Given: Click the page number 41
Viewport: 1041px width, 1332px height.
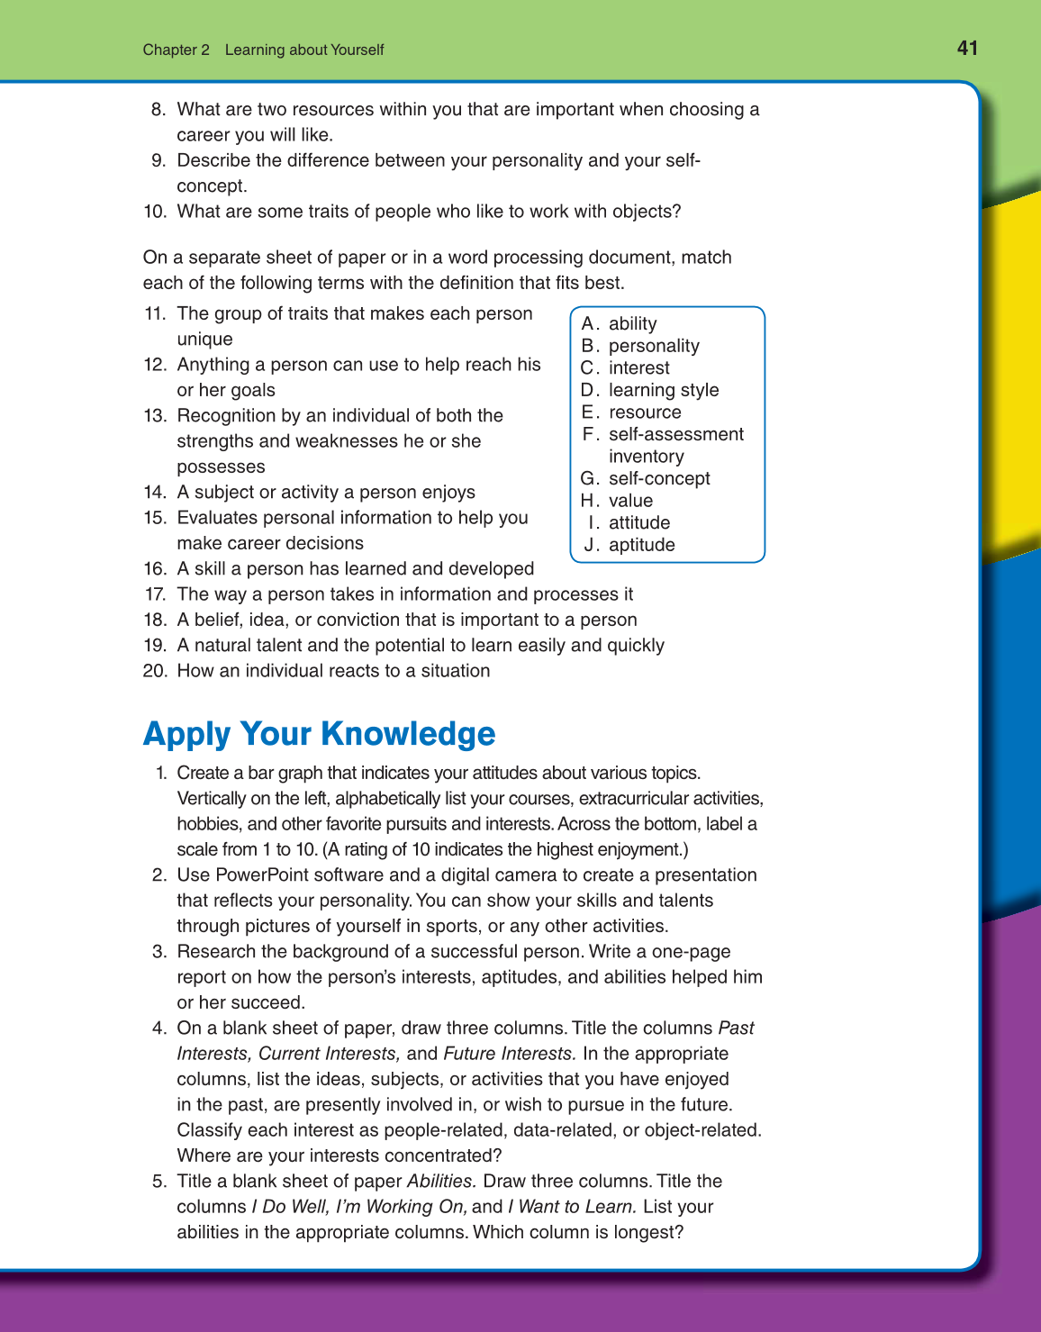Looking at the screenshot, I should (x=967, y=49).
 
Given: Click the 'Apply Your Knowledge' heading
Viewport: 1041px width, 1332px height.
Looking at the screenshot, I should (x=319, y=734).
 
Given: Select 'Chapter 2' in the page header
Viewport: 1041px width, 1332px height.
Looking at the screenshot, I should (x=176, y=50).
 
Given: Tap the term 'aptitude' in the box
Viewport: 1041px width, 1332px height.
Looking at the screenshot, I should (x=641, y=545).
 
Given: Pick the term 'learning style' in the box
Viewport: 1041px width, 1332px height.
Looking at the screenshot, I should (x=664, y=390).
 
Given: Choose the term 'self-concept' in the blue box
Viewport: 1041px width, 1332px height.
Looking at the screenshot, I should (x=659, y=478).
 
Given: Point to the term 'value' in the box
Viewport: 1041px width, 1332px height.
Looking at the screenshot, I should (x=630, y=501).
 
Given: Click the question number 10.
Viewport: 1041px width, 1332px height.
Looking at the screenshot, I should (x=155, y=212).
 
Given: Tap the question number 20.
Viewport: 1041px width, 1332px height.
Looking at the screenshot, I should (x=155, y=671).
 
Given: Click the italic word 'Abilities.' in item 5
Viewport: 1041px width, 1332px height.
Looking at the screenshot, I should (x=441, y=1182).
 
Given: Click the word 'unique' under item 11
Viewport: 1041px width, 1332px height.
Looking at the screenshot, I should (x=204, y=340).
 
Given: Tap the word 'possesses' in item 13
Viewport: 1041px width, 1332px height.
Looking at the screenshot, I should (x=221, y=467).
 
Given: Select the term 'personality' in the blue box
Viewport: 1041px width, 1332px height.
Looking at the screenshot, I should (x=654, y=346).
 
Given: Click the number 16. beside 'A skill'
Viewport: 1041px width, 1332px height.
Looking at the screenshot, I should (x=155, y=569).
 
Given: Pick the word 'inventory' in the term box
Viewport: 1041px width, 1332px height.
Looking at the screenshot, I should (x=646, y=457).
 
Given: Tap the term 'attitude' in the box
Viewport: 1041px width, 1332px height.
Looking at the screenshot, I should (x=639, y=523).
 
